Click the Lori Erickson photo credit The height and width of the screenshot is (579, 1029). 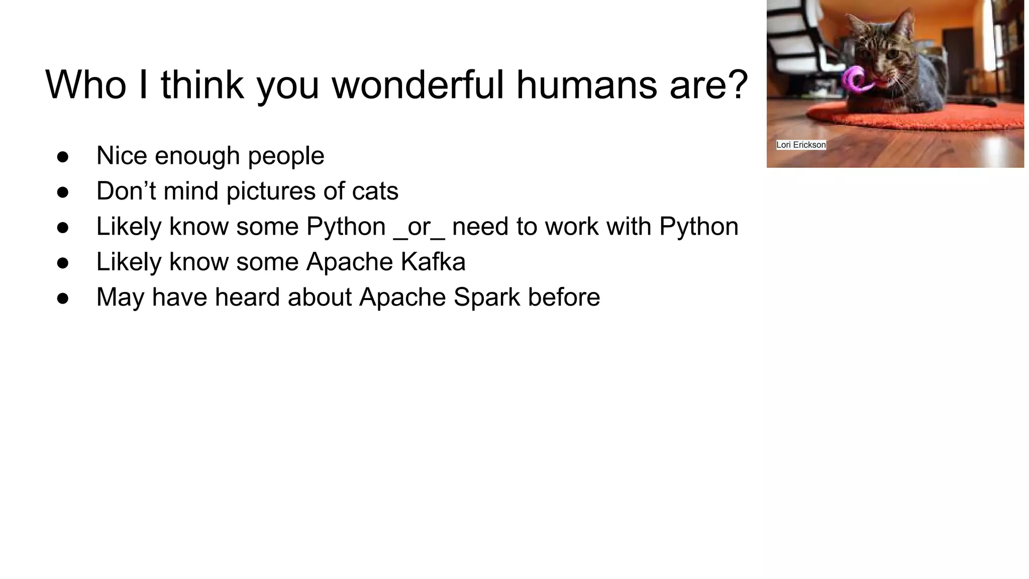(801, 145)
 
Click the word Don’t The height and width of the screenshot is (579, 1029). (126, 191)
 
